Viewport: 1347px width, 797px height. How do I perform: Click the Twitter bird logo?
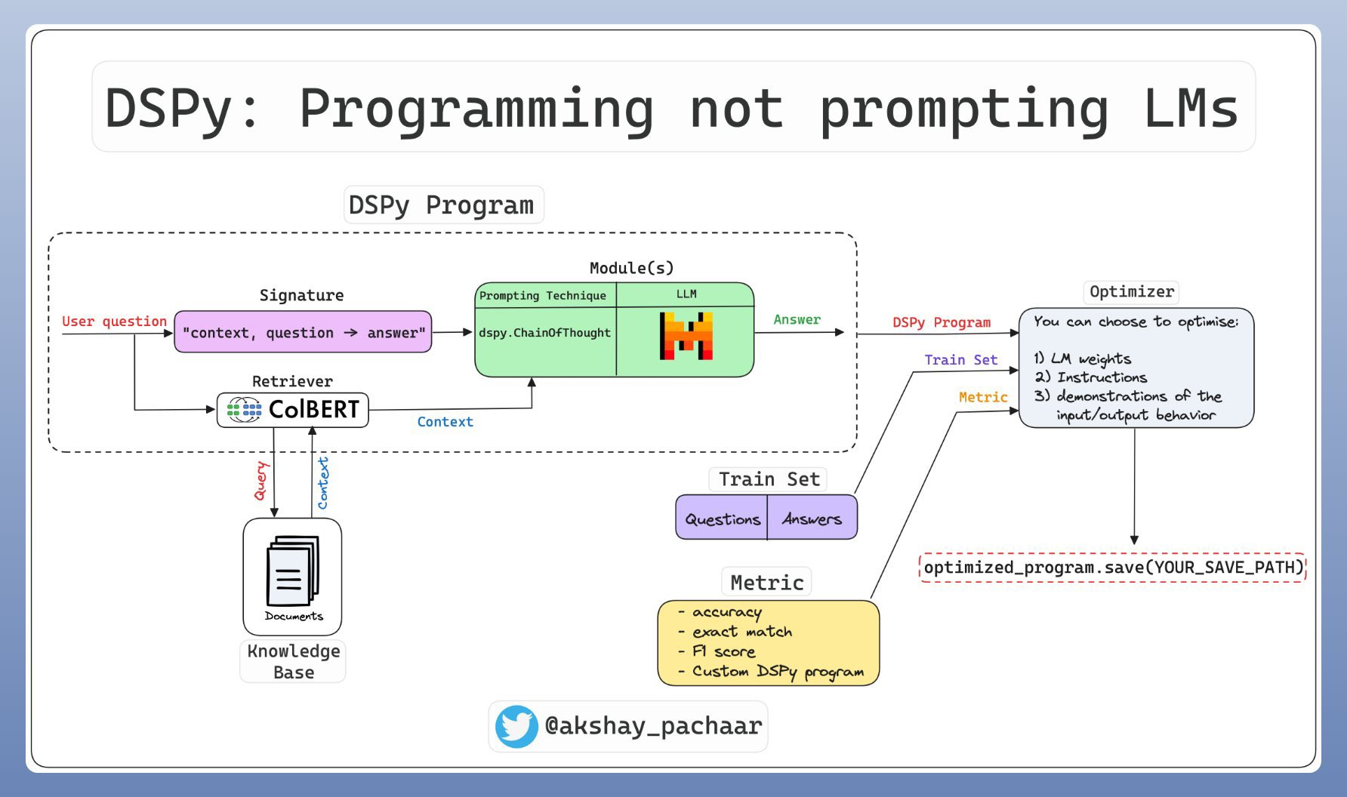coord(516,726)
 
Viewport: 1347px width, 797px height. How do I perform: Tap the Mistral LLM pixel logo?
coord(686,336)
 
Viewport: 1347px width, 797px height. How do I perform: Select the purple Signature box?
coord(303,332)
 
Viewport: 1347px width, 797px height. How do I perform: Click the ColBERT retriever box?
coord(293,410)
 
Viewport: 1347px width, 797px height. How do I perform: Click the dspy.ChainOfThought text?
coord(544,333)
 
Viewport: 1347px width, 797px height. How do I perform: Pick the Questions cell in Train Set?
coord(723,519)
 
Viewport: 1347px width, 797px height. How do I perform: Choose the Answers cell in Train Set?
coord(812,519)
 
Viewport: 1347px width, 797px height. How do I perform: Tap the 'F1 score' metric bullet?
coord(723,651)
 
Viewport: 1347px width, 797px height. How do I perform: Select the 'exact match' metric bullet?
coord(741,632)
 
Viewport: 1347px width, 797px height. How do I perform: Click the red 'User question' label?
coord(114,322)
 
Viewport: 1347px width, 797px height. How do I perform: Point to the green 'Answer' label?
coord(797,320)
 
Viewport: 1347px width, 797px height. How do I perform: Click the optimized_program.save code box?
coord(1113,568)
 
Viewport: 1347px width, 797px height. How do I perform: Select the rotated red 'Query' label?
coord(260,481)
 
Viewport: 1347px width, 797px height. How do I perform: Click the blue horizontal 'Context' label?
coord(445,422)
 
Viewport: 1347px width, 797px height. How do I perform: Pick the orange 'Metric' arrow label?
coord(983,397)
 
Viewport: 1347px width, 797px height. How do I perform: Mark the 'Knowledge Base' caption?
coord(294,661)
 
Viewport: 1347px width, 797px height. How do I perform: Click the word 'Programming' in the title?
coord(476,109)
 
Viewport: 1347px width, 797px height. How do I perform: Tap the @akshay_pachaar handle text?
coord(653,726)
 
